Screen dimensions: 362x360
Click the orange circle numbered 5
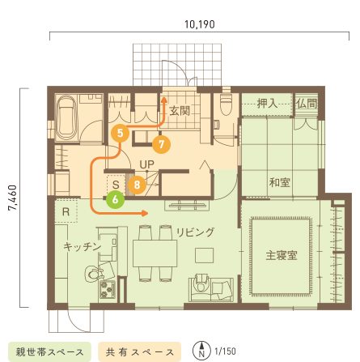point(121,130)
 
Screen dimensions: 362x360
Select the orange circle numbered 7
point(160,146)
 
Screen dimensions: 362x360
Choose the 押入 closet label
point(268,104)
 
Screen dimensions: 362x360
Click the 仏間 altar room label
point(306,104)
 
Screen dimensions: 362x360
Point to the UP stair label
point(146,165)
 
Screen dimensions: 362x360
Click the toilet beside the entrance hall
point(226,109)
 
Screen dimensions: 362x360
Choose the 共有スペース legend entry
point(139,352)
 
